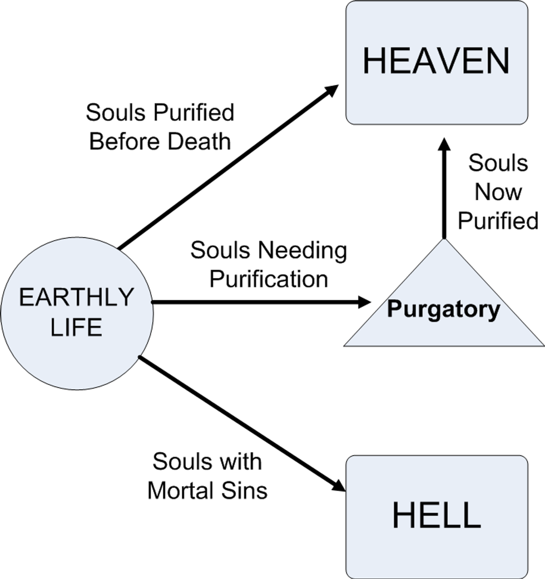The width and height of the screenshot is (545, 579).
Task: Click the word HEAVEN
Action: [x=436, y=61]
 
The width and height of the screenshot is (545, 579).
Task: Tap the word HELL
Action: [x=436, y=516]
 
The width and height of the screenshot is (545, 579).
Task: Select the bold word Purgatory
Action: [x=443, y=309]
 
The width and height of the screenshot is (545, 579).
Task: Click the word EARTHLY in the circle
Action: [x=77, y=298]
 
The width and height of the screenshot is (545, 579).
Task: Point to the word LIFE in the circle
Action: [x=77, y=327]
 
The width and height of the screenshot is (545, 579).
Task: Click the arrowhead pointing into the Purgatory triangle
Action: [x=364, y=302]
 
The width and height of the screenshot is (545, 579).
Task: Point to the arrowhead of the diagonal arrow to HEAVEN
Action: [x=332, y=90]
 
